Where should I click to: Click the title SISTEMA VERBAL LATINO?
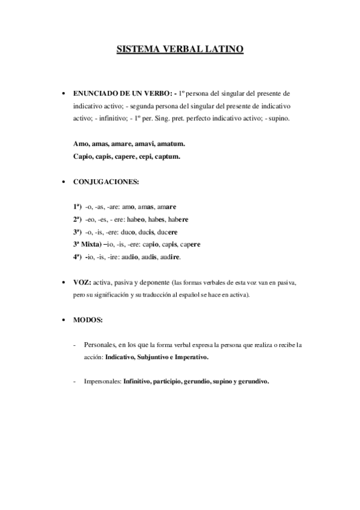pyautogui.click(x=180, y=50)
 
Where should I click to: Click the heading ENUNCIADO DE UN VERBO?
pyautogui.click(x=123, y=94)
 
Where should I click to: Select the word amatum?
pyautogui.click(x=171, y=144)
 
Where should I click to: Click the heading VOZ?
pyautogui.click(x=82, y=282)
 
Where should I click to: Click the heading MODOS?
pyautogui.click(x=87, y=319)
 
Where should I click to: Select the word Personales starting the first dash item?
pyautogui.click(x=99, y=345)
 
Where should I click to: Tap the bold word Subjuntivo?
pyautogui.click(x=154, y=357)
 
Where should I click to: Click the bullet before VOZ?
pyautogui.click(x=63, y=283)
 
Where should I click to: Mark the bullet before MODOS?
pyautogui.click(x=63, y=320)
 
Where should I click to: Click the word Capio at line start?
pyautogui.click(x=82, y=156)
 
